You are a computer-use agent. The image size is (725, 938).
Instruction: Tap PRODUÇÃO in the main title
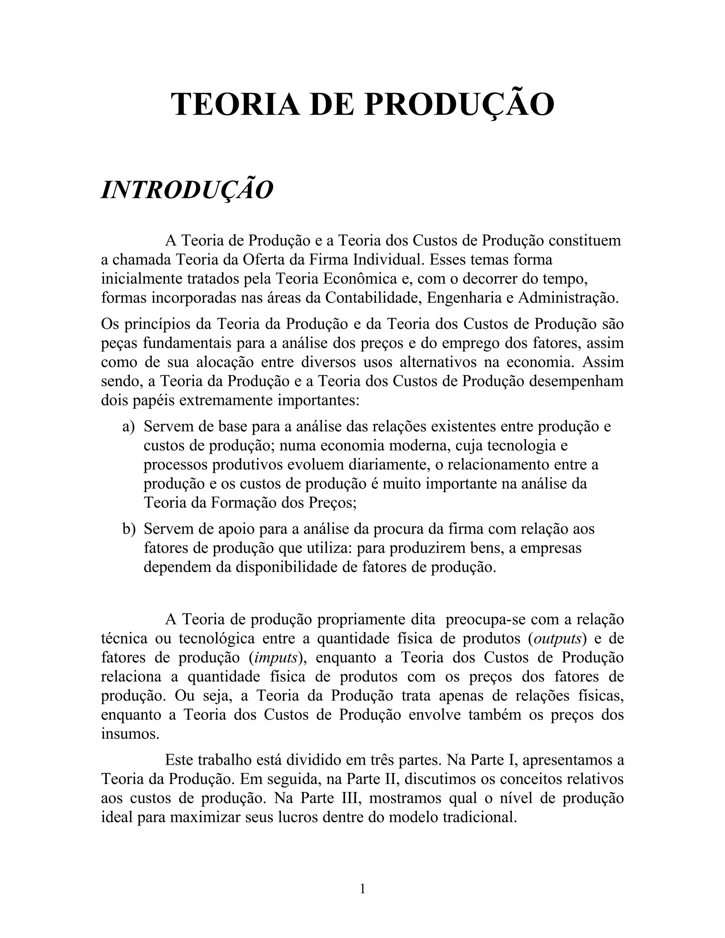tap(459, 104)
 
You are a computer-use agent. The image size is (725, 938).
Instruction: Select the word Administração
tap(568, 298)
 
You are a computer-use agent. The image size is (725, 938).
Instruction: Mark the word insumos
tap(130, 733)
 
